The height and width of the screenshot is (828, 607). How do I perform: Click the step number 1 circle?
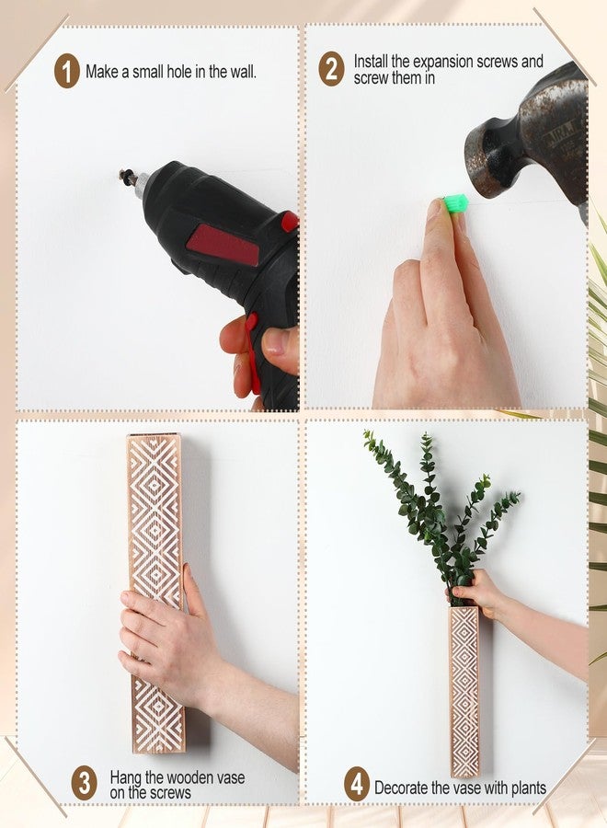click(66, 71)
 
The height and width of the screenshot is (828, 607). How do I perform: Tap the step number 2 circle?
click(331, 70)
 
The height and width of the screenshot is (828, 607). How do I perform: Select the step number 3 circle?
click(85, 784)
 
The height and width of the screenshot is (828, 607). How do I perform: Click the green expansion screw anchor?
click(455, 203)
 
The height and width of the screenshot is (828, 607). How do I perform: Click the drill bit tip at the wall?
click(124, 176)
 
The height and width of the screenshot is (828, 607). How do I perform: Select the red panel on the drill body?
click(223, 244)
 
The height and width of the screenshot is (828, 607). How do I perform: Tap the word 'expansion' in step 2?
click(441, 62)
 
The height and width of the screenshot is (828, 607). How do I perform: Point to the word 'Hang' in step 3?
click(126, 777)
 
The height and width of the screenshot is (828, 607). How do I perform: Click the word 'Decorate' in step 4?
click(402, 788)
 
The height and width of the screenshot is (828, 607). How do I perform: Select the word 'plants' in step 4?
click(526, 788)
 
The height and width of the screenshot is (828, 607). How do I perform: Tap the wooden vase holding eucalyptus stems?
click(464, 690)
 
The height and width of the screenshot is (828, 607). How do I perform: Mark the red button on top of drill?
click(290, 222)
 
